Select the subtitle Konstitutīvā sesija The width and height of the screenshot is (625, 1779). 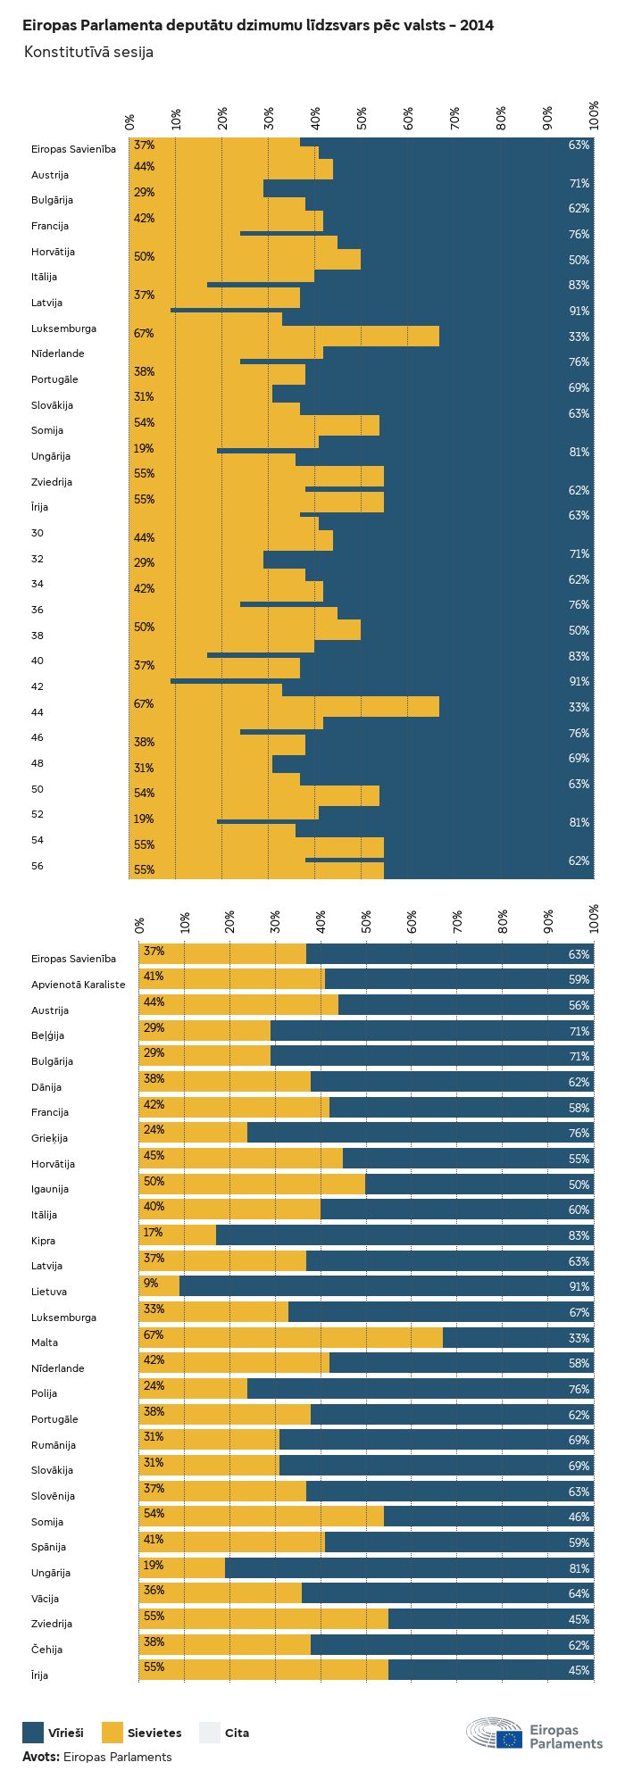pyautogui.click(x=88, y=52)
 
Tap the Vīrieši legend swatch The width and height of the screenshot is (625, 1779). pyautogui.click(x=33, y=1732)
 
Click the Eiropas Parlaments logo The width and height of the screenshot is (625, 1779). pyautogui.click(x=534, y=1733)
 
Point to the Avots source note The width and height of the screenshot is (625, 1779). pyautogui.click(x=96, y=1756)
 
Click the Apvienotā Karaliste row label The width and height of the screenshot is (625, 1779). pyautogui.click(x=78, y=985)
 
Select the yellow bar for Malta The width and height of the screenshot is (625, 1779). pyautogui.click(x=291, y=1337)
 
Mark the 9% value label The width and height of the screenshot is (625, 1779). pyautogui.click(x=150, y=1283)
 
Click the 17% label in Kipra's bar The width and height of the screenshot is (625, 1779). pyautogui.click(x=153, y=1232)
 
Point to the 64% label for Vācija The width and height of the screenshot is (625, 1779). pyautogui.click(x=579, y=1593)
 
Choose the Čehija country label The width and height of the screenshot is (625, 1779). pyautogui.click(x=46, y=1649)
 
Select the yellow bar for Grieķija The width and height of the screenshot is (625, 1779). pyautogui.click(x=193, y=1133)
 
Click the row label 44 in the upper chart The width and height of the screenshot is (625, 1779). pyautogui.click(x=37, y=712)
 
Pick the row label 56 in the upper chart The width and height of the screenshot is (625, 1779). pyautogui.click(x=37, y=866)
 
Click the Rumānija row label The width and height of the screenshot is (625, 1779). pyautogui.click(x=54, y=1444)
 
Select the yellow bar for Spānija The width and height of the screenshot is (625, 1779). pyautogui.click(x=232, y=1542)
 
